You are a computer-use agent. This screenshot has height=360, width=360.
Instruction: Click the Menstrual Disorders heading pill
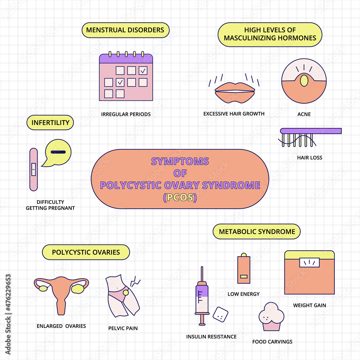pos(125,30)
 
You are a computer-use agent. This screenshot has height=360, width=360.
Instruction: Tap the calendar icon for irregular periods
pos(126,77)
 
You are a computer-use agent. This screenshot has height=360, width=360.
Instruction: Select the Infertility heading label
pos(50,122)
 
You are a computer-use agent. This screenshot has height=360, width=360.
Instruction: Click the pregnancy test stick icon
pos(33,169)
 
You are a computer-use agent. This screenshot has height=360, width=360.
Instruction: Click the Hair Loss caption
pos(310,157)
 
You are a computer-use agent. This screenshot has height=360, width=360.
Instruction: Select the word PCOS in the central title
pos(180,198)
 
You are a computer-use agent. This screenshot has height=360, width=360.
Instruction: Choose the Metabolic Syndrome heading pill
pos(257,231)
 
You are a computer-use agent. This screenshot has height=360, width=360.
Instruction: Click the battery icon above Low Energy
pos(244,269)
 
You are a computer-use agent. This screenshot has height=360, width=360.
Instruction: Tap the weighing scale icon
pos(310,273)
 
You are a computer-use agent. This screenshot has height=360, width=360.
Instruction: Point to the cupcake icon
pos(271,317)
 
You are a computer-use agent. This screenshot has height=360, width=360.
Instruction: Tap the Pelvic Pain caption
pos(123,328)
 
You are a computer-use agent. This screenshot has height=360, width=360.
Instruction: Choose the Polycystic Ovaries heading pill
pos(86,252)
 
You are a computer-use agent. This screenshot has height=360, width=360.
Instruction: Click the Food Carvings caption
pos(272,342)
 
